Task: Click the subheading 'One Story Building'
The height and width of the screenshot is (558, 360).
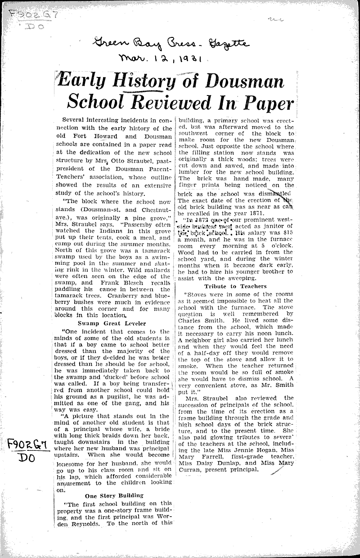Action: pos(114,495)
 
